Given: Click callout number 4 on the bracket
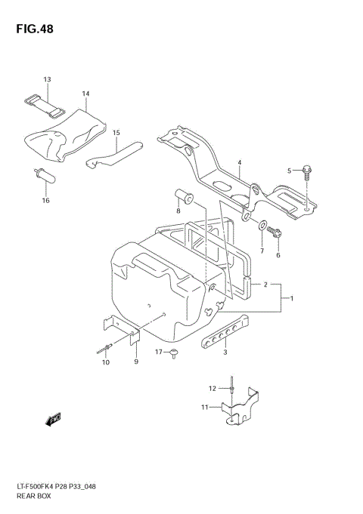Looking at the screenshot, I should tap(238, 163).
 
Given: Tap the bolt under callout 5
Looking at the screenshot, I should tap(305, 172).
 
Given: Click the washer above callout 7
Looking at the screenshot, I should tap(261, 225).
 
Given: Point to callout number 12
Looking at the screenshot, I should tap(213, 389).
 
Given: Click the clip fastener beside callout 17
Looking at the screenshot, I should tap(175, 352).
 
